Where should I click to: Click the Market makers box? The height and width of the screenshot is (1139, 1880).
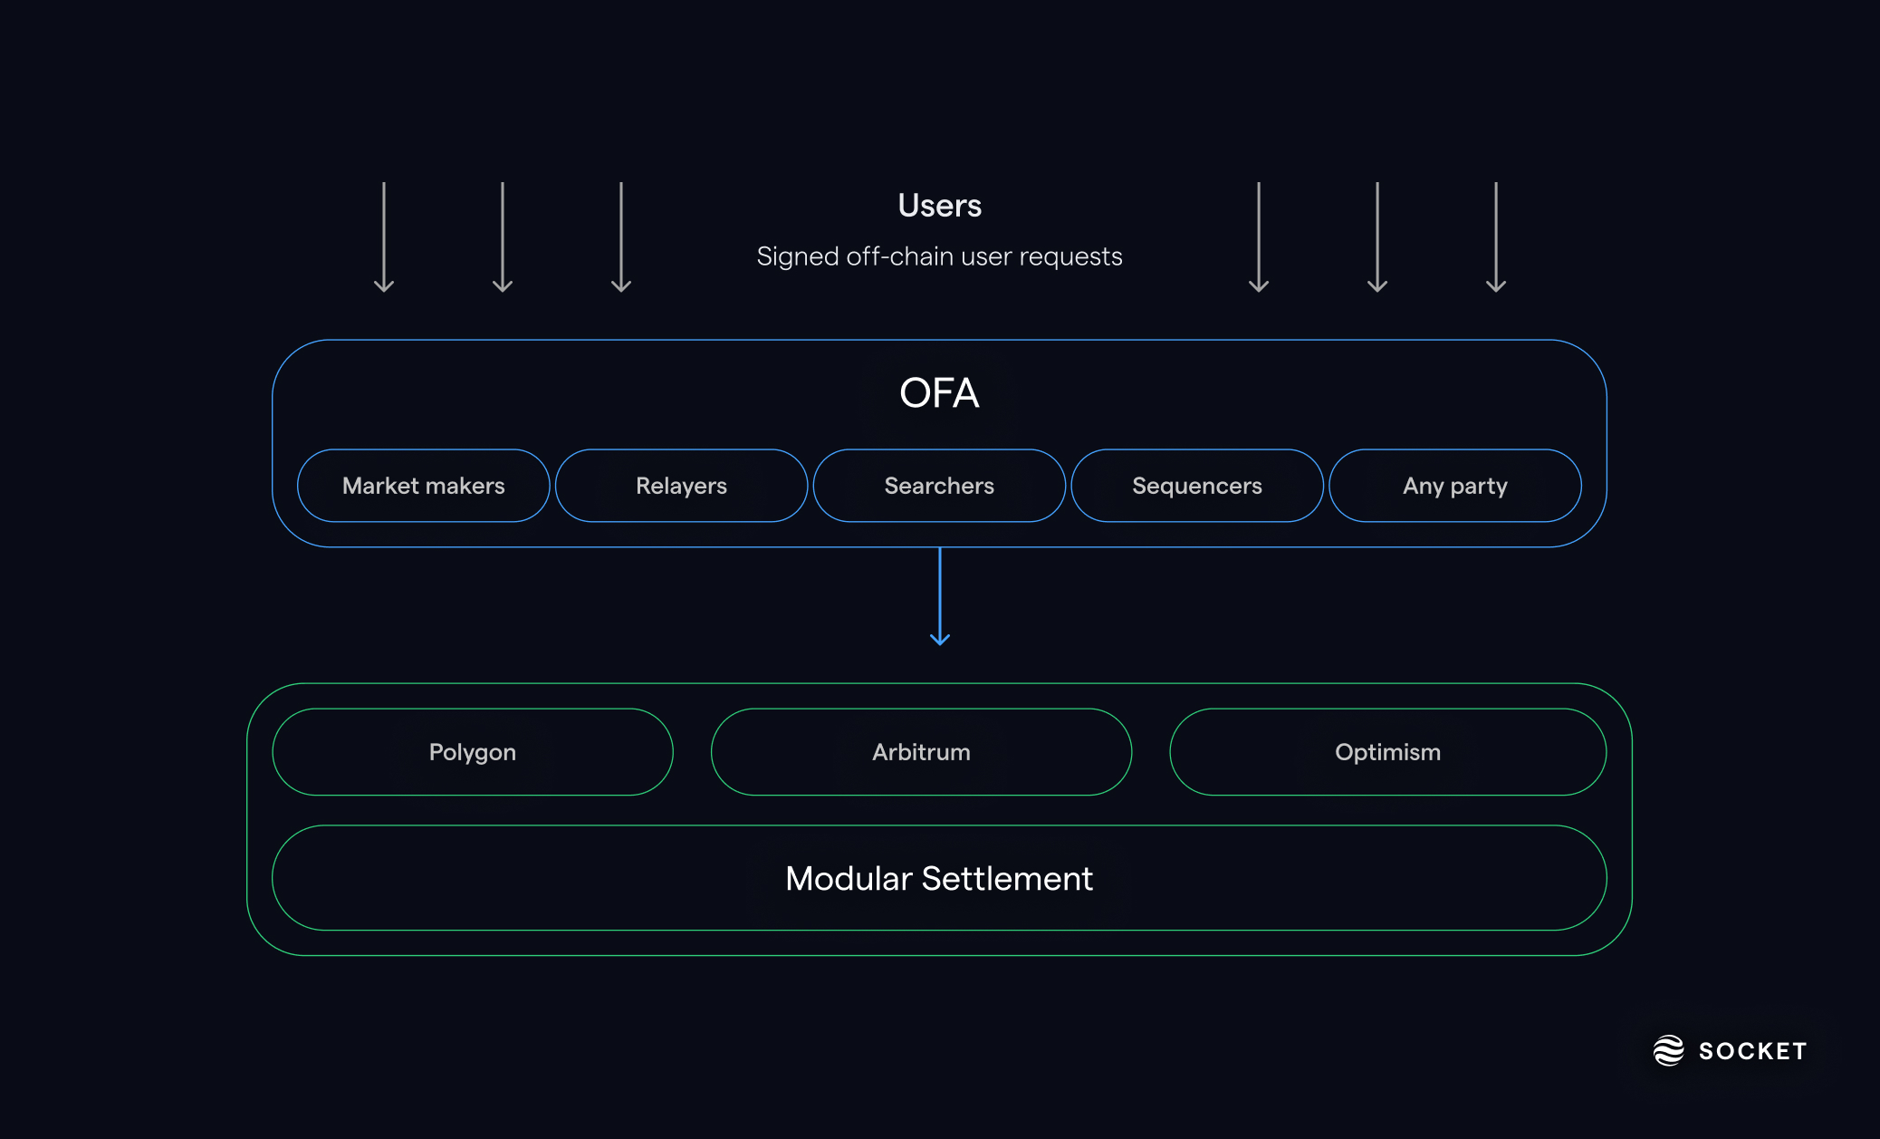coord(423,486)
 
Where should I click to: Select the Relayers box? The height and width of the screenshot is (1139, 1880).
coord(681,486)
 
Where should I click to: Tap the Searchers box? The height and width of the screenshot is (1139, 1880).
coord(939,486)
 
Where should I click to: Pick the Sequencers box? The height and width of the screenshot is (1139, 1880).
coord(1196,486)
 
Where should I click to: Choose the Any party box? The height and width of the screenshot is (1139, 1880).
coord(1454,486)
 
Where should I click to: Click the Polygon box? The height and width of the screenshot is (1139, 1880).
coord(472,752)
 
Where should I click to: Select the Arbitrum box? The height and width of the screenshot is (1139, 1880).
coord(921,752)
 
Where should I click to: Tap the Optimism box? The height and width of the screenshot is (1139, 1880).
coord(1387,752)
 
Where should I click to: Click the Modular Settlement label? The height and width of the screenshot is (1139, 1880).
coord(939,878)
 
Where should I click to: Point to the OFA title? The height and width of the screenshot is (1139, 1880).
coord(939,393)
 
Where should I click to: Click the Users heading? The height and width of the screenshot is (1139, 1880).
coord(939,206)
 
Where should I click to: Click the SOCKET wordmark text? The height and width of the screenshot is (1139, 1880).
coord(1752,1051)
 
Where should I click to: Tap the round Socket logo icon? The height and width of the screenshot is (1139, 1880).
coord(1668,1050)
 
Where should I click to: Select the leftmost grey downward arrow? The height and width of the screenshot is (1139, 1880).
coord(384,237)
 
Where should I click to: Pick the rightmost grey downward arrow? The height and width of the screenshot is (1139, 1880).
coord(1496,237)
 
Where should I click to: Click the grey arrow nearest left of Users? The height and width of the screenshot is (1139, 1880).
coord(621,237)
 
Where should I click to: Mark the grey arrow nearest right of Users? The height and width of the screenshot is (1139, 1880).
coord(1259,237)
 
